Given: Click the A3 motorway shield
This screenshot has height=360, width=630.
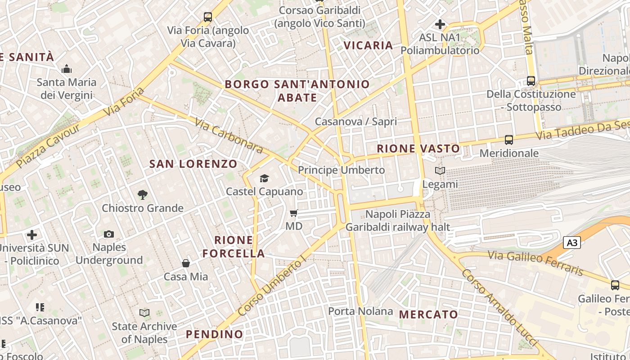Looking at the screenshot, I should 571,243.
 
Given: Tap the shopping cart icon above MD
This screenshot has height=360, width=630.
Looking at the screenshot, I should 294,213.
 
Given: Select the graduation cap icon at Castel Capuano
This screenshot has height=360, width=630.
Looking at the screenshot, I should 264,179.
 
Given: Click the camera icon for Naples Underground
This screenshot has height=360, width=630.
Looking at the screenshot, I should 109,234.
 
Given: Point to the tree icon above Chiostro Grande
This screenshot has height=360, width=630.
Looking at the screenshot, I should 143,195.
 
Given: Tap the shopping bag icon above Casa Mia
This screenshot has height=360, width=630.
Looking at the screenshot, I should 186,263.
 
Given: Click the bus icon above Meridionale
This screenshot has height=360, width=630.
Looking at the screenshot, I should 509,140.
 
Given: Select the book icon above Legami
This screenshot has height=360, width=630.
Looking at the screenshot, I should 440,171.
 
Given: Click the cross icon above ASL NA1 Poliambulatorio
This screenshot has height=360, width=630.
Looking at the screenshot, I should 440,24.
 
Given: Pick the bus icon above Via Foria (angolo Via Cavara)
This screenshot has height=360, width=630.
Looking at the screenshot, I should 207,17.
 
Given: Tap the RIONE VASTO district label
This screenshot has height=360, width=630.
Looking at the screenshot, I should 418,148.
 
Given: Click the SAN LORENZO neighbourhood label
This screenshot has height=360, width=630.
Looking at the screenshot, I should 193,164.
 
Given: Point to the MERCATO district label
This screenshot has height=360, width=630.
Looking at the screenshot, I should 428,315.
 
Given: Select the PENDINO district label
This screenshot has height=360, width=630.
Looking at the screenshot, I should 214,334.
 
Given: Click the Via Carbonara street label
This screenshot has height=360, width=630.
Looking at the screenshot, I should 229,135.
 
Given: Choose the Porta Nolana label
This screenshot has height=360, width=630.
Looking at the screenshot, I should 360,311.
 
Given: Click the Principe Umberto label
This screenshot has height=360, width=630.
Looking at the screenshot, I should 341,170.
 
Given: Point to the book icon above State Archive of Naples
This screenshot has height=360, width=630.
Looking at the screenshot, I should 144,313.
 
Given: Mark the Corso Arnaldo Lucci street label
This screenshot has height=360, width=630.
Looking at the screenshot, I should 499,308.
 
